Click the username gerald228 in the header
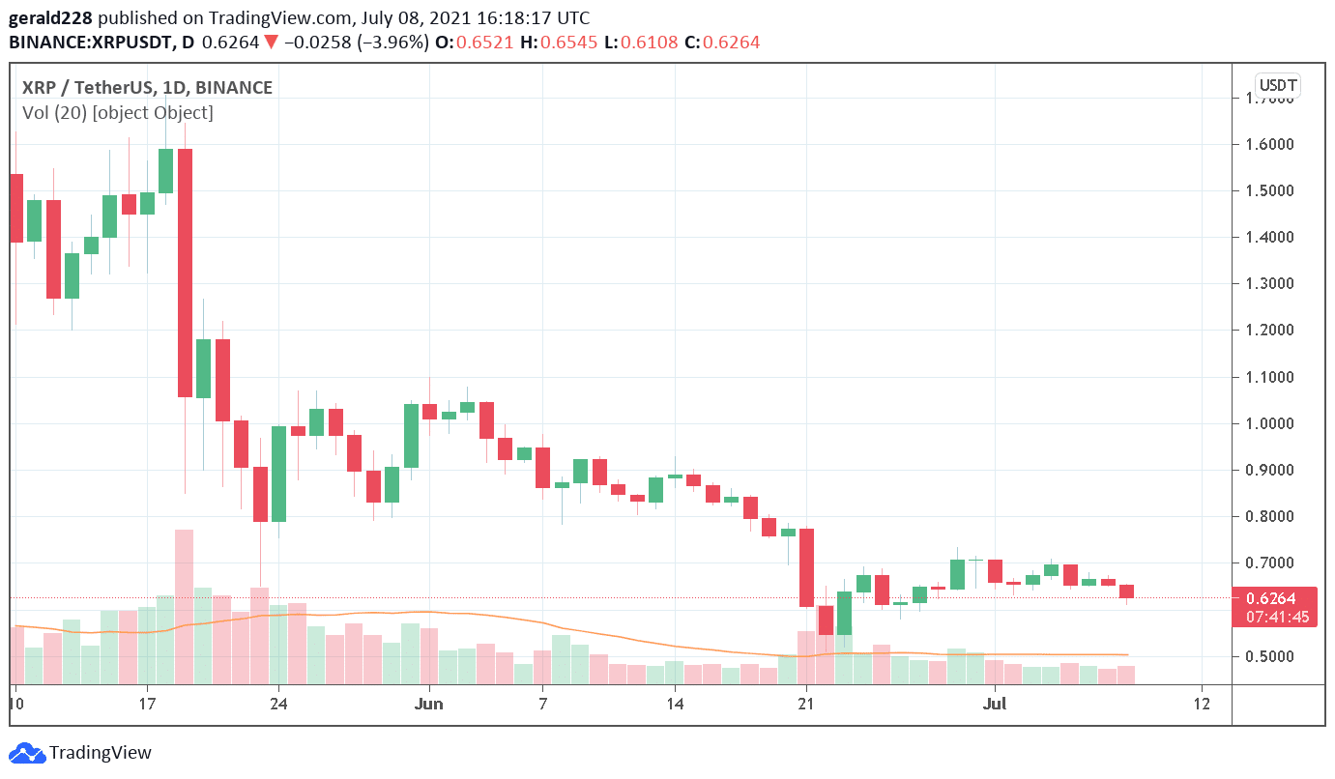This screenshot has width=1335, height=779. point(50,18)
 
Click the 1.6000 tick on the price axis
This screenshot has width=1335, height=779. point(1269,144)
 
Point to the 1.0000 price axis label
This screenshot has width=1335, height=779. point(1269,423)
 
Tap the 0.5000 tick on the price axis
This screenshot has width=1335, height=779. point(1269,656)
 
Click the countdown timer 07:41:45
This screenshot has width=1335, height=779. point(1277,617)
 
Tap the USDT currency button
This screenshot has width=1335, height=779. point(1278,85)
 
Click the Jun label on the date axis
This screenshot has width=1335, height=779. point(428,704)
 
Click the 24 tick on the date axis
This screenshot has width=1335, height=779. point(278,704)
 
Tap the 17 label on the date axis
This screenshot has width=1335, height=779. point(147,704)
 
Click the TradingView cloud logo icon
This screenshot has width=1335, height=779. point(27,753)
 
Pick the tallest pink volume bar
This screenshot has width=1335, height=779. point(185,606)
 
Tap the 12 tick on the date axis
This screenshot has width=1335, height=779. point(1202,704)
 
